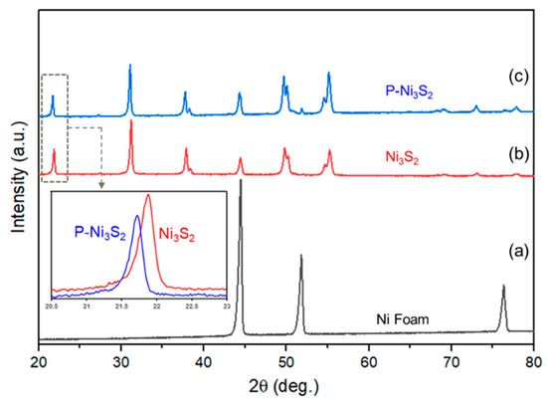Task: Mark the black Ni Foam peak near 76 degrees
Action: coord(503,287)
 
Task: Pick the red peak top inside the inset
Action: coord(148,195)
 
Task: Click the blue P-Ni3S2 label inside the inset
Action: coord(98,231)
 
